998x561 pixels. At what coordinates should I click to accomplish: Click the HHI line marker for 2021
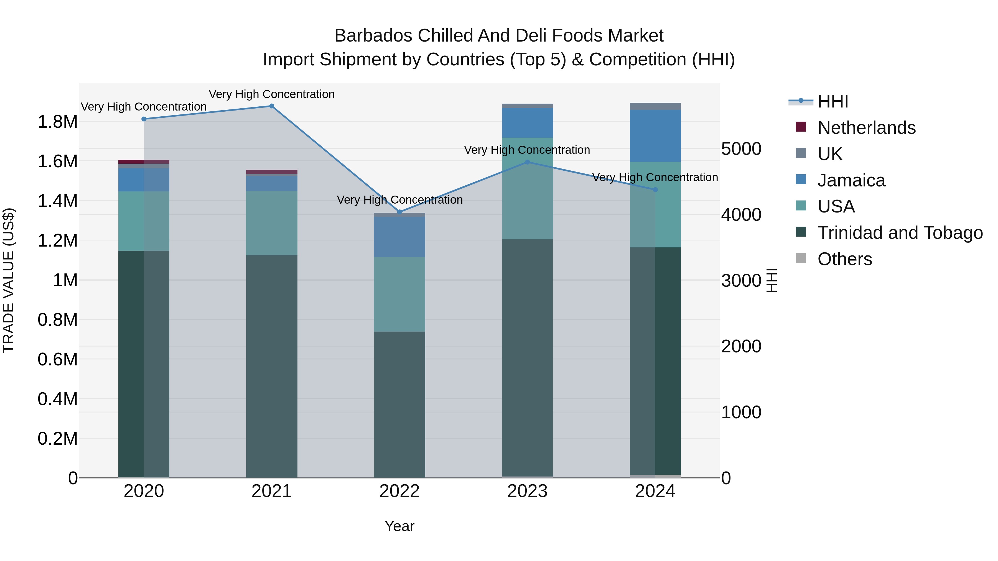[272, 106]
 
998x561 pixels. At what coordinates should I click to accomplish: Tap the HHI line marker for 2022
[400, 212]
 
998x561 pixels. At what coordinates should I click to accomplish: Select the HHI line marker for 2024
[655, 190]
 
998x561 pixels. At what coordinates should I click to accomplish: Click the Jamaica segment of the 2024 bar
[655, 135]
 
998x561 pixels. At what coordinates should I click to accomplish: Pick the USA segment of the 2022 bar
[399, 294]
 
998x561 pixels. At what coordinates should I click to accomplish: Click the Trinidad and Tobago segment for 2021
[272, 366]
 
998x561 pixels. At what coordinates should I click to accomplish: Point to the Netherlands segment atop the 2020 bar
[144, 162]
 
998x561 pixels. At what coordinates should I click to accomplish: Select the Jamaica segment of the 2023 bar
[527, 123]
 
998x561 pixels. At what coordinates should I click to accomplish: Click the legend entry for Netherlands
[866, 128]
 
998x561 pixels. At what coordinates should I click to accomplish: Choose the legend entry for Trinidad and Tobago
[900, 233]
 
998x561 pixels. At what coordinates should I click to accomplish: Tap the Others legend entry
[845, 259]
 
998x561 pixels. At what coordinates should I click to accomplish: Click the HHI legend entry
[833, 101]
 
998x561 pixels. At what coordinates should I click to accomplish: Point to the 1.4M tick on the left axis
[57, 201]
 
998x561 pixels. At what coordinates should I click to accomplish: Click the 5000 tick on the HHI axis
[741, 149]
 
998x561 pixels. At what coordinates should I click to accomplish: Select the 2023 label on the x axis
[527, 491]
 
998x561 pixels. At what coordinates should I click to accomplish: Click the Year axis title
[399, 526]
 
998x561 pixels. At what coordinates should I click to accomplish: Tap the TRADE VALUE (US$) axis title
[9, 280]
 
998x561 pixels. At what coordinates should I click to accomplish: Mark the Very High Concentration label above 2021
[272, 94]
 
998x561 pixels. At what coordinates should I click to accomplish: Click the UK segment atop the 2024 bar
[655, 106]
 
